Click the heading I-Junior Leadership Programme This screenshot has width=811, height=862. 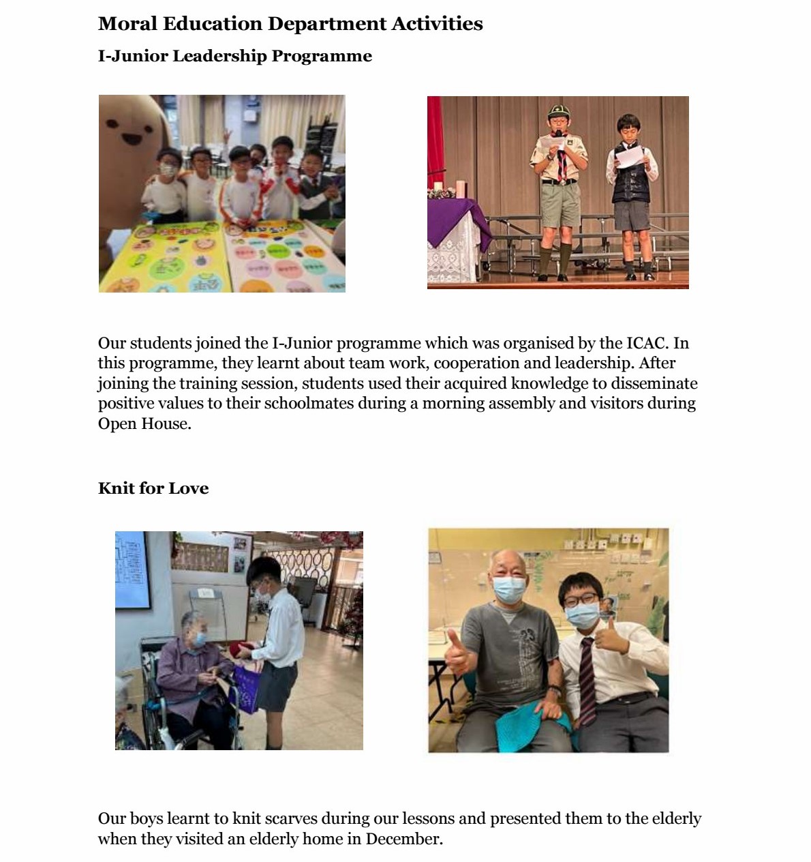coord(234,56)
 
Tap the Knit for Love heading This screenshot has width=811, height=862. coord(153,488)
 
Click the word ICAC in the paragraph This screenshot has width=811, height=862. coord(645,343)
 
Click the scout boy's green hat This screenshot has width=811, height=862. coord(559,111)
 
